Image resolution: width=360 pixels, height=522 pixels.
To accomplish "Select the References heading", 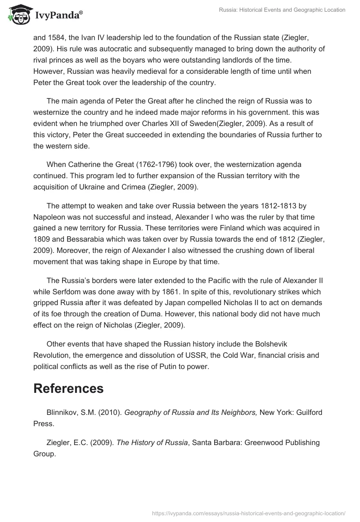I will [68, 388].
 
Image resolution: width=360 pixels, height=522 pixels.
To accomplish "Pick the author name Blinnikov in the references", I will [63, 412].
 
